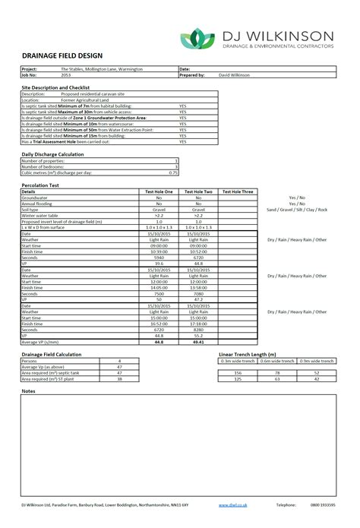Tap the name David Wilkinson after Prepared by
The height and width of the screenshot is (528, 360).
(x=234, y=76)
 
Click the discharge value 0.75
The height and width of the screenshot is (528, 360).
(x=174, y=172)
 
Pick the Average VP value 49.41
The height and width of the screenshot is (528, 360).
(x=200, y=342)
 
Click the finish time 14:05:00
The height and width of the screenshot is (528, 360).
(x=159, y=288)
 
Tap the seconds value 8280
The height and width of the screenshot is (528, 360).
(x=200, y=330)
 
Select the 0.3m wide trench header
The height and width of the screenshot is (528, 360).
(x=236, y=360)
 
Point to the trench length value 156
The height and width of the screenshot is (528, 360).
(x=237, y=372)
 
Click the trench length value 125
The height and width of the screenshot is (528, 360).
(x=237, y=378)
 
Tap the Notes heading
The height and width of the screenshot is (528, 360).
(x=29, y=390)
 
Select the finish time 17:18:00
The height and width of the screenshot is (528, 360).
(x=200, y=324)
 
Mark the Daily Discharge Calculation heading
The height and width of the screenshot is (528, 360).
(x=52, y=154)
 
